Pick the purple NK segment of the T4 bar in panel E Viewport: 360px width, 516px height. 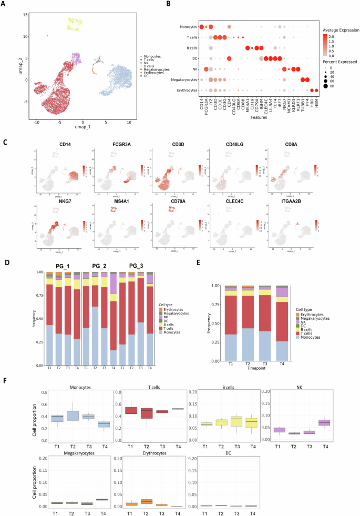click(x=282, y=292)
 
